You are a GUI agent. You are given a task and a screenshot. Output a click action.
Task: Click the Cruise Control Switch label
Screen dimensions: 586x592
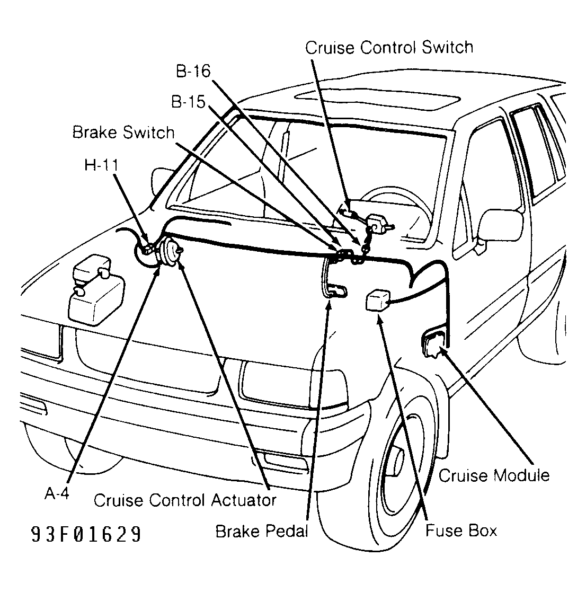point(389,48)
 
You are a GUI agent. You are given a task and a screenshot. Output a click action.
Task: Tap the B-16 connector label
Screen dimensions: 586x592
point(193,71)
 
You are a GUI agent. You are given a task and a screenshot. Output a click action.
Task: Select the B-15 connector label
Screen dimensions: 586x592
point(188,102)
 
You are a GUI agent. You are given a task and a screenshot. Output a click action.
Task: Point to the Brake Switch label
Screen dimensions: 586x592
point(123,132)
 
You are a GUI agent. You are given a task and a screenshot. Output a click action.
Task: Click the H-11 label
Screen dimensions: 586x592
point(101,165)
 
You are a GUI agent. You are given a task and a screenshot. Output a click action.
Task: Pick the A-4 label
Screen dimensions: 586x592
point(57,493)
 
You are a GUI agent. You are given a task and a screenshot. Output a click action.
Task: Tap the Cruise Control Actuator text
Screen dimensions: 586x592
point(185,500)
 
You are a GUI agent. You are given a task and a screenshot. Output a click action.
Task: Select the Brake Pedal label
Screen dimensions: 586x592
point(262,531)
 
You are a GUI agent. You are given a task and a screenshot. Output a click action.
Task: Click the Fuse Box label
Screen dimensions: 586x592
point(461,531)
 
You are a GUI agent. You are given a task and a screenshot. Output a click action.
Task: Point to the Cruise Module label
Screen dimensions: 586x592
point(494,475)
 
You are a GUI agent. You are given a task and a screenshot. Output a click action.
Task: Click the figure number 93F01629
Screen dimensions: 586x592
point(86,534)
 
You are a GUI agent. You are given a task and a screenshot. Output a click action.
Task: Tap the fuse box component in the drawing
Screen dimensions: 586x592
point(378,300)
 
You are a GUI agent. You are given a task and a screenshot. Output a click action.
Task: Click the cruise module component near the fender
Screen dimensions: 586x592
point(433,343)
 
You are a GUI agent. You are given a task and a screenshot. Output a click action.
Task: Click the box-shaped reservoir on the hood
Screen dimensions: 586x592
point(96,290)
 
